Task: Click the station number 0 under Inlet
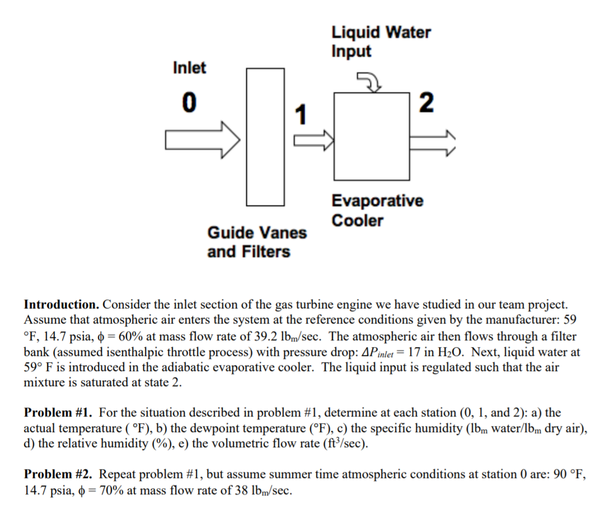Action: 190,102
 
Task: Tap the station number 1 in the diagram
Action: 300,115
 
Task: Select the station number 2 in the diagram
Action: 426,102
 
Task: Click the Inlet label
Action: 189,68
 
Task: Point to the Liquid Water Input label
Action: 380,41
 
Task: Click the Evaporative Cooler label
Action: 377,210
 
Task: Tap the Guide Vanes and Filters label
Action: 257,242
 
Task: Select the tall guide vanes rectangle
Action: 265,136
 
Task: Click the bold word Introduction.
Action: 62,305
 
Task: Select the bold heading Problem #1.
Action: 59,413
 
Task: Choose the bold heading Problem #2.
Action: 59,475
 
